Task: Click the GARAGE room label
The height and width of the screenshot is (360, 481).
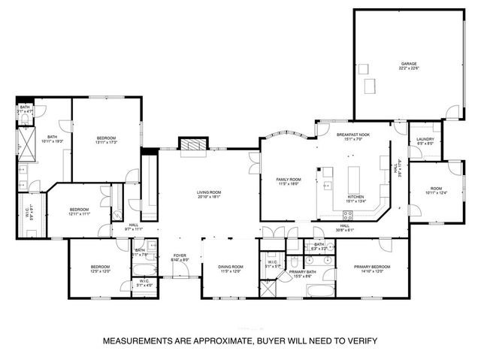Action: pos(409,65)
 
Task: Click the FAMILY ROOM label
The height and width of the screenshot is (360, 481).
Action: pos(289,180)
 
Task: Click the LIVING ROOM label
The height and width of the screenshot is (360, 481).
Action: pos(208,192)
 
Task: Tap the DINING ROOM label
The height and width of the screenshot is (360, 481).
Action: pos(231,268)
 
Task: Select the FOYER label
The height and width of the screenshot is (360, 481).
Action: pos(180,256)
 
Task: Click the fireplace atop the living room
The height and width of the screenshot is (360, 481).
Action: pos(192,144)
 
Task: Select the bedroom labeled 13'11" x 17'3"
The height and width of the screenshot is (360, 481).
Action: pos(106,138)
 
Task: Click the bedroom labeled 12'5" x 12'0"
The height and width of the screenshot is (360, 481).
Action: pos(100,267)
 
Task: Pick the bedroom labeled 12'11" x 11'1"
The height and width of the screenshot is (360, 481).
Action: pos(80,210)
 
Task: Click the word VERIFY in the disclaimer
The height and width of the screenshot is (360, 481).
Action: pos(361,340)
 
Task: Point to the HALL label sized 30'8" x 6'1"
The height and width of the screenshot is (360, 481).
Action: pos(345,226)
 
